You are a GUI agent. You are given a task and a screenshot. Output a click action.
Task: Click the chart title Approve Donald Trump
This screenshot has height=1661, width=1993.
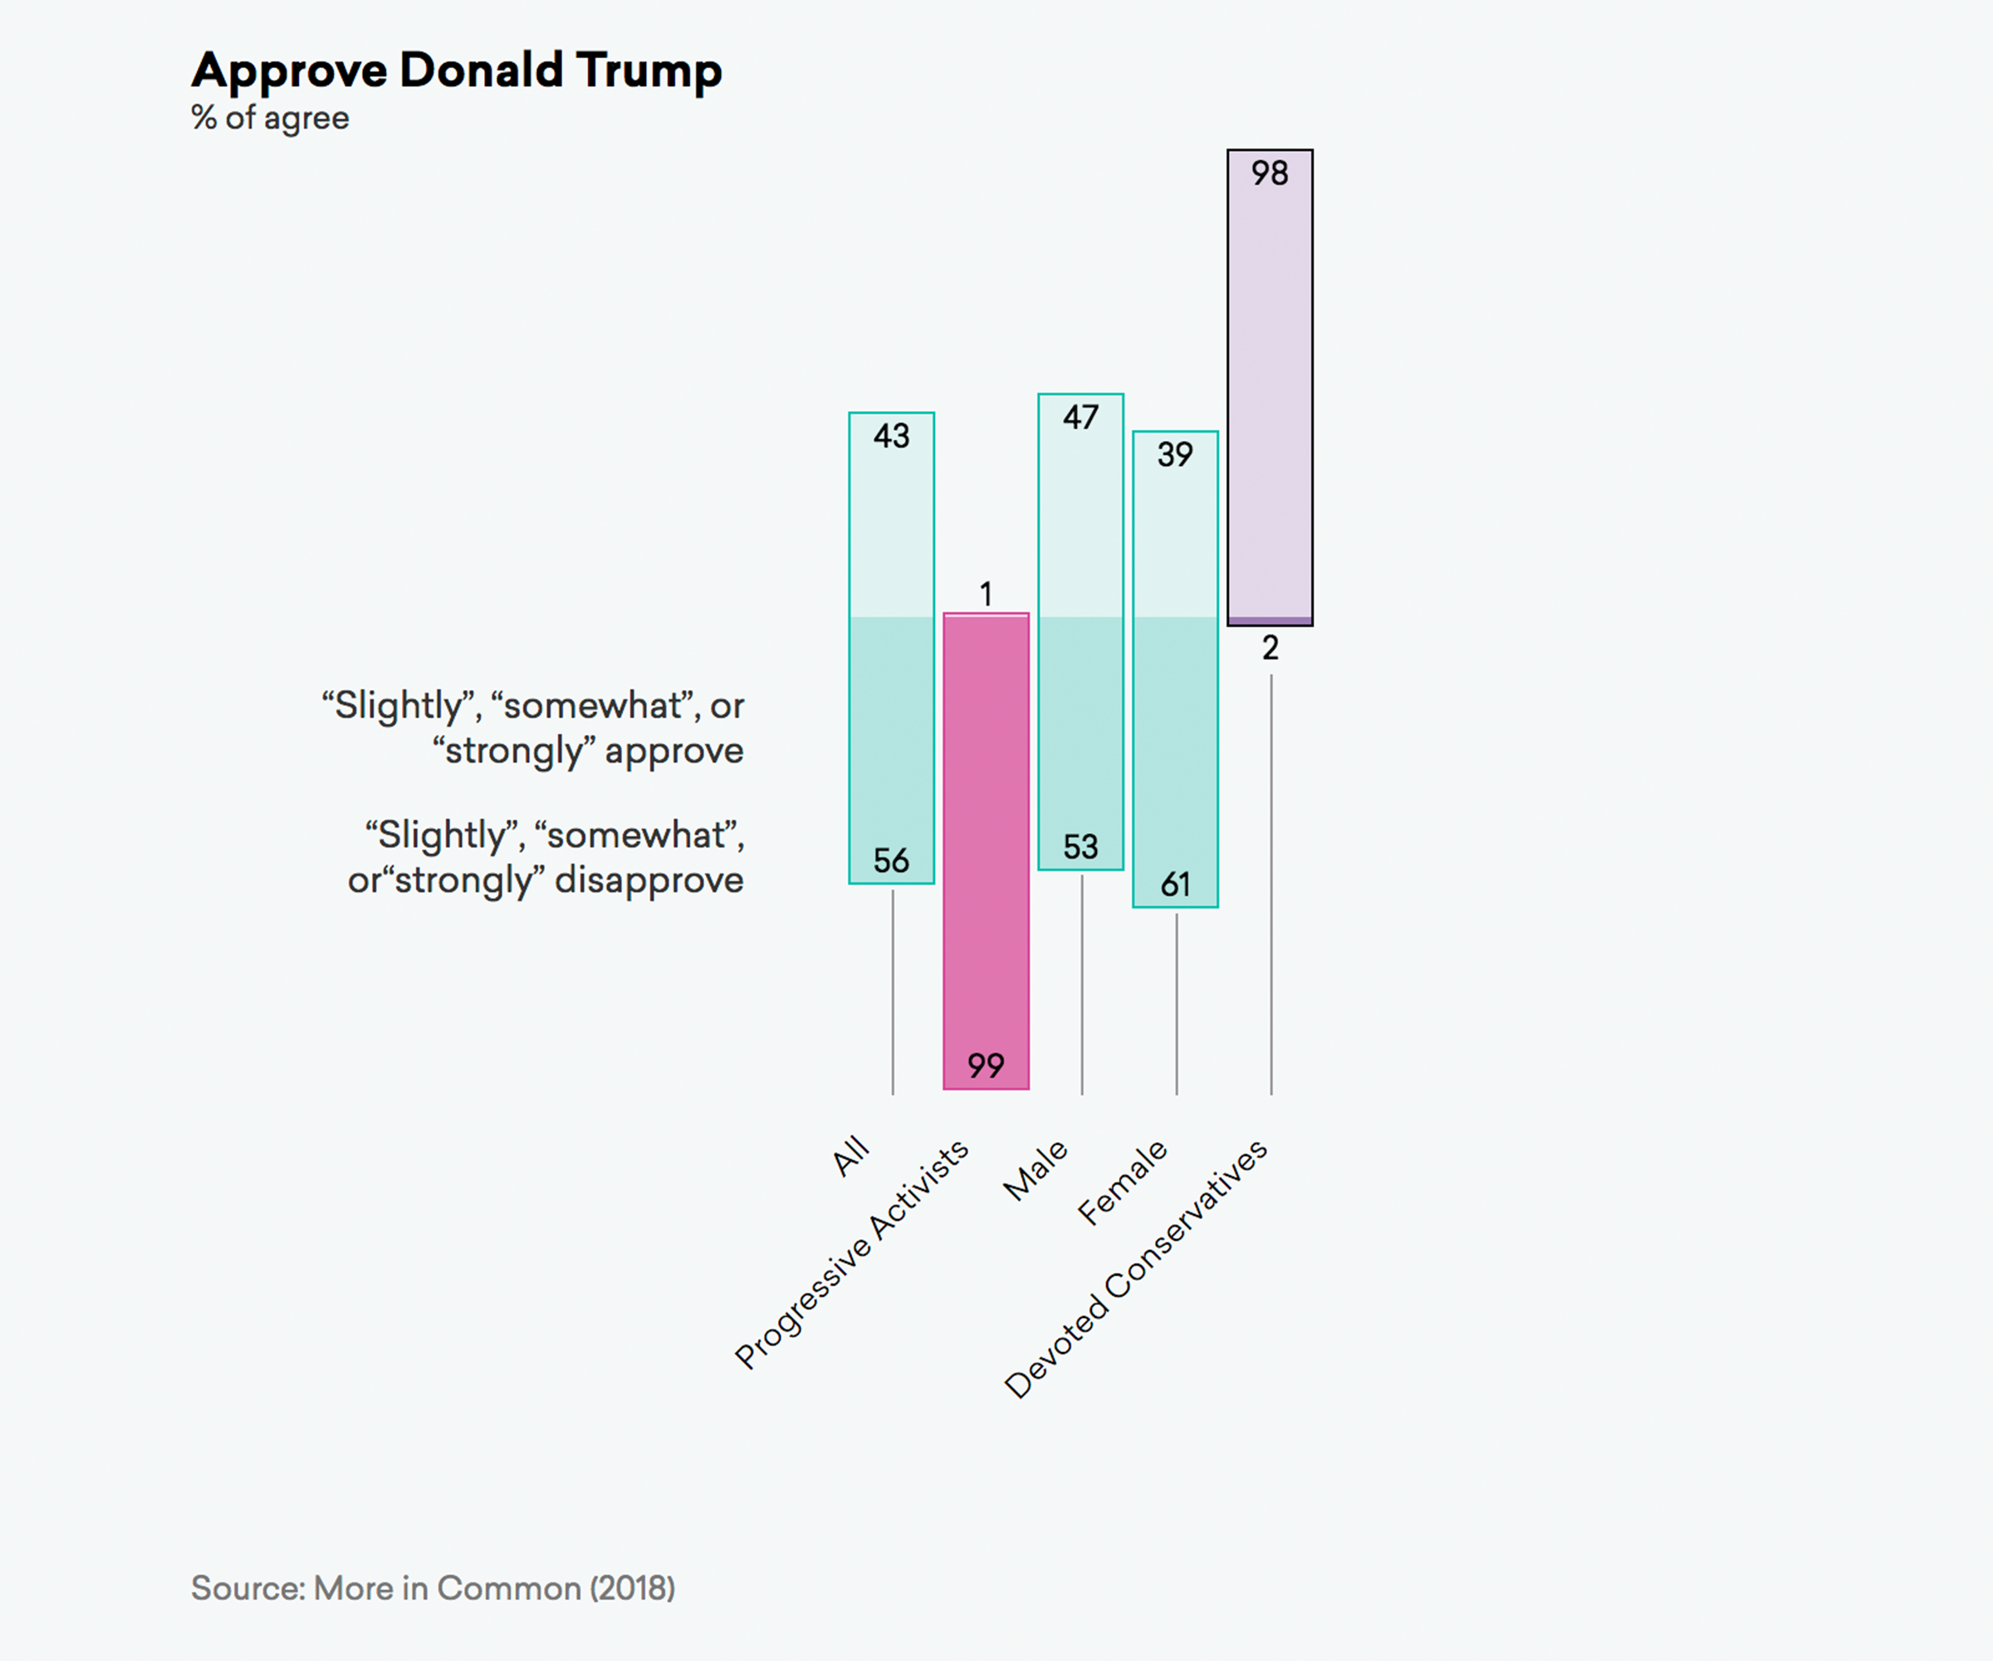457,71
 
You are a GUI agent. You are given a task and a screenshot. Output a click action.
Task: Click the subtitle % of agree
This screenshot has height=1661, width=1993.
271,118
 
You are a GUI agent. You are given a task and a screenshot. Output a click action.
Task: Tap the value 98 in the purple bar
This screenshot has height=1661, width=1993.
1270,173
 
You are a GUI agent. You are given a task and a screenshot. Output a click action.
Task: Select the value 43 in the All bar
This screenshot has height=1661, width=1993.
891,436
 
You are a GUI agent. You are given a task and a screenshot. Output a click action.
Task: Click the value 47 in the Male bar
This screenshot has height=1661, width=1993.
1081,417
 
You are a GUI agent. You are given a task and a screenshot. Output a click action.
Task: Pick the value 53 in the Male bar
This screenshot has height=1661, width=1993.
1081,846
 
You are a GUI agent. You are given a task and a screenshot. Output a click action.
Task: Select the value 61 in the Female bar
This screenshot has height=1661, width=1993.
1175,884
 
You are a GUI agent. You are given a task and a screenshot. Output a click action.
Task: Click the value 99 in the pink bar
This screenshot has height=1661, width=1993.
986,1065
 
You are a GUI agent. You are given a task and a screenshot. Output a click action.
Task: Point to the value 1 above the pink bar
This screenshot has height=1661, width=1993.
986,594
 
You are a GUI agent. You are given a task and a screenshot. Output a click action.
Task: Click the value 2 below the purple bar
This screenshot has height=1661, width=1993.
1270,649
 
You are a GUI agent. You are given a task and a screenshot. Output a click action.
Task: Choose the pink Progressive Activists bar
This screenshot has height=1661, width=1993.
986,835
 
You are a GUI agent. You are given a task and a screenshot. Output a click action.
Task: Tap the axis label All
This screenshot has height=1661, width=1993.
850,1155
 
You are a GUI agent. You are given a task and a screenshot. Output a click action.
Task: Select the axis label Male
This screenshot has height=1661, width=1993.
1036,1170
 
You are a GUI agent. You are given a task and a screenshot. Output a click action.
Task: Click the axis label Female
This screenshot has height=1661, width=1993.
1123,1182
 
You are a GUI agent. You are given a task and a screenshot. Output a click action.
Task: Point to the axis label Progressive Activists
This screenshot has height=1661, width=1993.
852,1254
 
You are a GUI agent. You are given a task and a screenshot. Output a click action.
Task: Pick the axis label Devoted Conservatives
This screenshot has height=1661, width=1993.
1136,1268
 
